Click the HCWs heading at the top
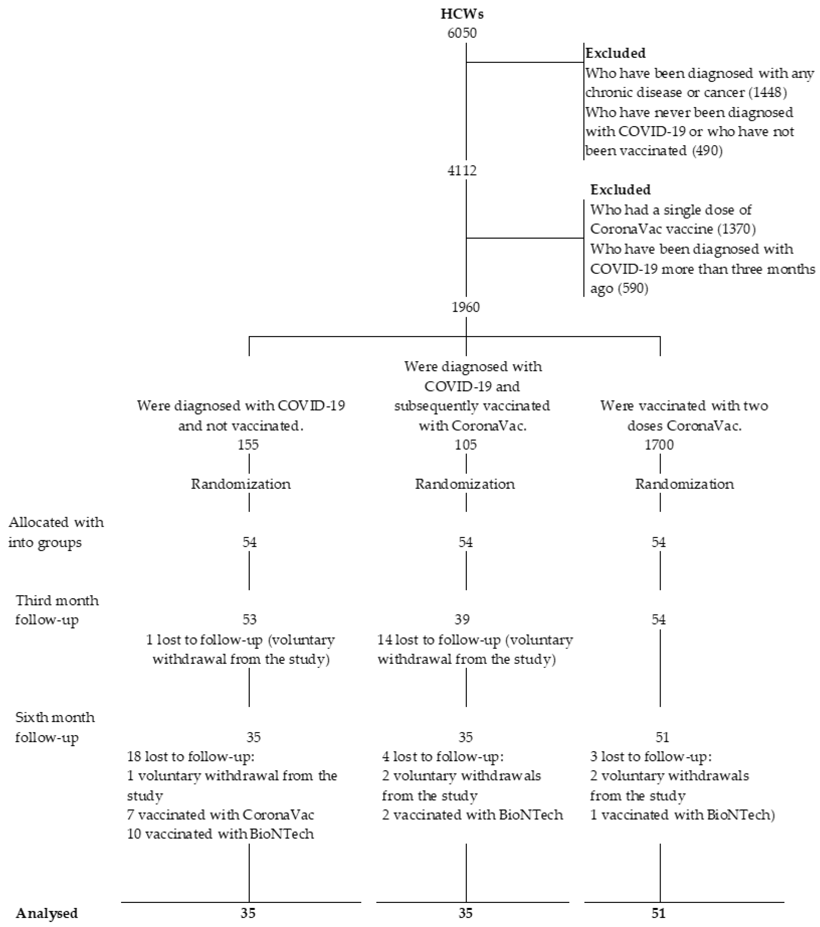[x=462, y=14]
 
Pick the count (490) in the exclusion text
[x=707, y=151]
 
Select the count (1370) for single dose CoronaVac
[x=737, y=229]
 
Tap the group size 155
[x=248, y=444]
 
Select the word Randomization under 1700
[x=684, y=484]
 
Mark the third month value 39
[x=462, y=619]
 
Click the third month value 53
[x=249, y=619]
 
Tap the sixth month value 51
[x=662, y=737]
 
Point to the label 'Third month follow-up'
[x=57, y=610]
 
